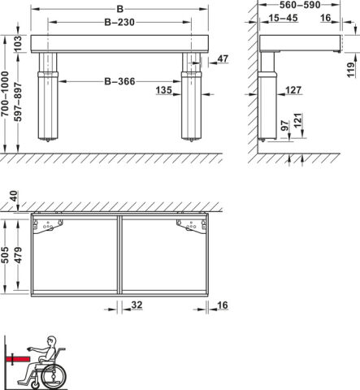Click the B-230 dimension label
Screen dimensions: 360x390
coord(119,22)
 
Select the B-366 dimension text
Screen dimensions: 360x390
coord(119,81)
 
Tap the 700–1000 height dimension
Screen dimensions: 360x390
coord(5,94)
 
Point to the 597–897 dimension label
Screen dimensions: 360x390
coord(18,102)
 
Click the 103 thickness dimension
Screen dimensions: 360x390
coord(18,44)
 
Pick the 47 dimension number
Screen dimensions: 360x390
coord(223,58)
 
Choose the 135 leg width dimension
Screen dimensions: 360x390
coord(163,90)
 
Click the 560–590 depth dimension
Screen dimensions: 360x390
coord(300,5)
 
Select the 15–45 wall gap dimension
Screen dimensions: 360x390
coord(283,18)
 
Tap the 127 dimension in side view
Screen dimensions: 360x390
coord(293,90)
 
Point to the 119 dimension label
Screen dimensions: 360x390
coord(351,70)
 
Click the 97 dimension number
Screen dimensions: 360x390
coord(285,126)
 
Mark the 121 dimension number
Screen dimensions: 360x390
coord(297,120)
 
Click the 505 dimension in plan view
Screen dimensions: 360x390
coord(5,255)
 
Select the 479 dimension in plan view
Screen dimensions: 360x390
coord(18,255)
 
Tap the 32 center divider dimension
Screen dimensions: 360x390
coord(137,305)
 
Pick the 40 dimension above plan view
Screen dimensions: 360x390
coord(14,196)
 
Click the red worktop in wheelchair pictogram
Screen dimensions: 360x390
coord(18,359)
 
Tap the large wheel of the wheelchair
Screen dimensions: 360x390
coord(54,376)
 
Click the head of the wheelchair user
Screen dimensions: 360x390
coord(51,341)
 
